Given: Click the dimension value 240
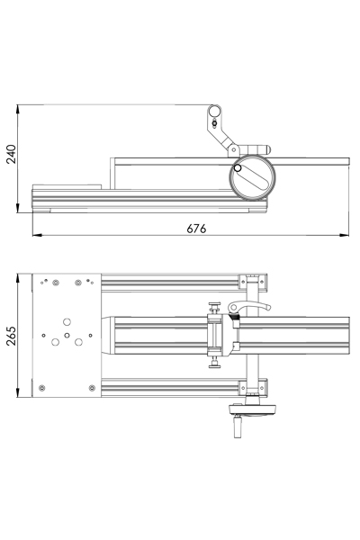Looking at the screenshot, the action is tap(11, 154).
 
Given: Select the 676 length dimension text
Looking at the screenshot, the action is tap(196, 229).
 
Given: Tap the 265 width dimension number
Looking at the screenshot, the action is tap(11, 336).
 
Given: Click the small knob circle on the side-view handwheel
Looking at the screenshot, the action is tap(238, 168).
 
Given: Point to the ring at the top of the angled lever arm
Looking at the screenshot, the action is tap(214, 111).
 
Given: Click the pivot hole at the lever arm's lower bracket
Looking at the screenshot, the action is tap(234, 150).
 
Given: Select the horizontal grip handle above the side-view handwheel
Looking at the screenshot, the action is tap(255, 149).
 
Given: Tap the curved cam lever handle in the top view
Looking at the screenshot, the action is tap(249, 306).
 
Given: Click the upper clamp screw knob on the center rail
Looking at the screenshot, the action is tap(215, 307).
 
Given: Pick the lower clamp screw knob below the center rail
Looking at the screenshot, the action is tap(215, 363).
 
